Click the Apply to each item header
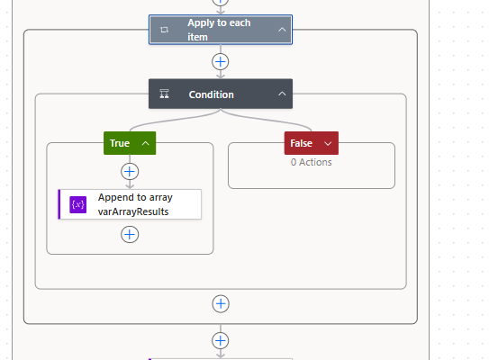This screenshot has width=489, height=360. (221, 30)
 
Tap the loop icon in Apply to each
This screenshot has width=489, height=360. (165, 30)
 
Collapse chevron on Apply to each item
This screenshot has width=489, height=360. (282, 30)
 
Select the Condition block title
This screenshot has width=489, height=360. (211, 94)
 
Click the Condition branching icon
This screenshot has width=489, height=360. (165, 94)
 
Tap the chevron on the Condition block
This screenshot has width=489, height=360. (282, 94)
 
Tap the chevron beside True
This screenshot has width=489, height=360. (145, 143)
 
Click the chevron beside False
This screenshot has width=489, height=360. (328, 143)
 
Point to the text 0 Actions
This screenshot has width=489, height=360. (312, 162)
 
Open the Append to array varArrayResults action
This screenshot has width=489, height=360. (130, 204)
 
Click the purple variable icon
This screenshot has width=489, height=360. (78, 204)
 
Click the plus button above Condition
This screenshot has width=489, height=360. (221, 62)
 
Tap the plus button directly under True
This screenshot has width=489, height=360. (130, 171)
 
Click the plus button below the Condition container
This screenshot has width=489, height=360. (221, 303)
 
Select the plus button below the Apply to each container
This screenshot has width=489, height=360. (221, 340)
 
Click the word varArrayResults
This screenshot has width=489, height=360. (133, 211)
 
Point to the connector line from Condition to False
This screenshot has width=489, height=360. (265, 119)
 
